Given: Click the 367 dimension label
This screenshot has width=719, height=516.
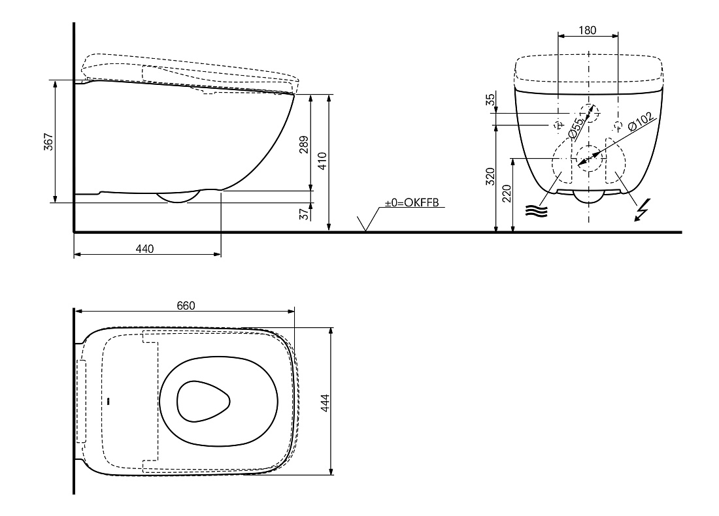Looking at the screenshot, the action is click(x=48, y=142).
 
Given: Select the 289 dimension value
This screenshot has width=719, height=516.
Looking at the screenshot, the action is click(x=303, y=145).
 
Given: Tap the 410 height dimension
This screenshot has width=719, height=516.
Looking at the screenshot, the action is click(x=322, y=161).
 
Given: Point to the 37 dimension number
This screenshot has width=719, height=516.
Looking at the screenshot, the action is click(x=304, y=214).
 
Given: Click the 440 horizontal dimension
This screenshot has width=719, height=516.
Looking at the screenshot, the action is click(x=144, y=249).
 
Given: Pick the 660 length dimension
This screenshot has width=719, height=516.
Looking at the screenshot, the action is click(x=186, y=306).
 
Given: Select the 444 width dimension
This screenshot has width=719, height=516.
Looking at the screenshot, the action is click(x=325, y=403).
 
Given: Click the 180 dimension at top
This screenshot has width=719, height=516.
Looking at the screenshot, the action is click(x=588, y=30).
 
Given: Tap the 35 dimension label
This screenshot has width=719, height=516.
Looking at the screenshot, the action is click(x=490, y=99).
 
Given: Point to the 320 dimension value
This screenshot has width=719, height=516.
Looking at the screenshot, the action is click(x=490, y=177).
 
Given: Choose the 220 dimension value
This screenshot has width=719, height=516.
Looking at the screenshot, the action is click(x=506, y=194).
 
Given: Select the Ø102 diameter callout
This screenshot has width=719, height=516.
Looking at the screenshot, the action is click(x=641, y=122).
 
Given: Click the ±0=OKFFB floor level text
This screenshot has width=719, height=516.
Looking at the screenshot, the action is click(x=412, y=202).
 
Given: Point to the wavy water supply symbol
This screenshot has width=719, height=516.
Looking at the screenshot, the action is click(x=537, y=211).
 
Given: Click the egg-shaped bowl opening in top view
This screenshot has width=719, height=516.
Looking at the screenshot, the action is click(x=203, y=402).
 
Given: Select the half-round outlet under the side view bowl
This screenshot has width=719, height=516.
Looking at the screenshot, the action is click(x=178, y=197).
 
